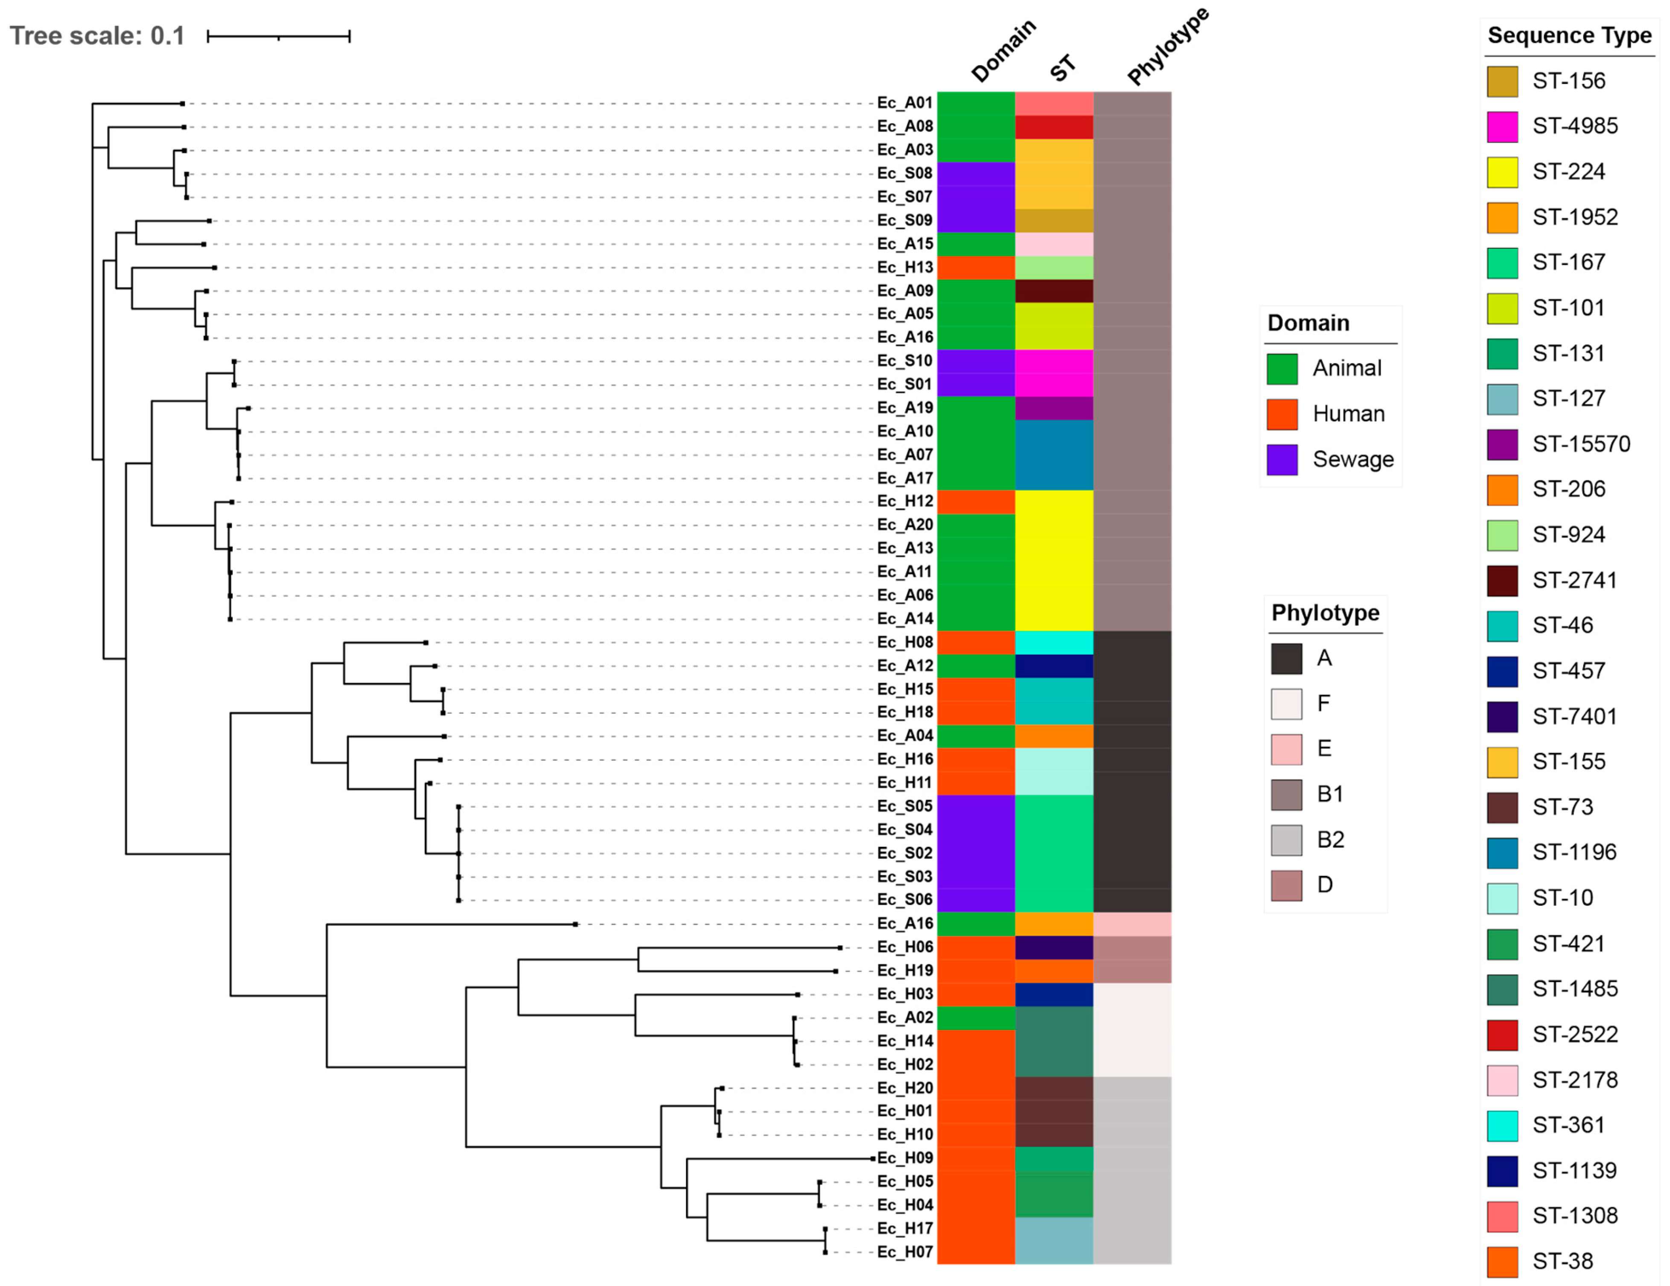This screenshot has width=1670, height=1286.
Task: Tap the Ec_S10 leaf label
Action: click(905, 361)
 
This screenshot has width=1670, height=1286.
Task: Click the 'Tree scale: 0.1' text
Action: click(97, 36)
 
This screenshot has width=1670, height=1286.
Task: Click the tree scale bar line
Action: click(278, 36)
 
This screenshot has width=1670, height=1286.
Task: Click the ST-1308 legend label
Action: click(1575, 1216)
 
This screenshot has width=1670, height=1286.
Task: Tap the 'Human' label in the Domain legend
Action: click(1349, 414)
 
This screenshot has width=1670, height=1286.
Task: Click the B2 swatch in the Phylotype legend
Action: click(1286, 840)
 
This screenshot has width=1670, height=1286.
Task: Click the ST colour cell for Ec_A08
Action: click(1054, 127)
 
